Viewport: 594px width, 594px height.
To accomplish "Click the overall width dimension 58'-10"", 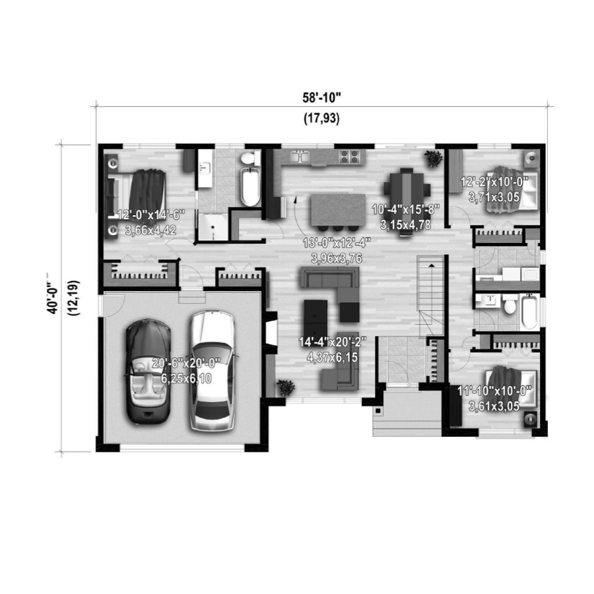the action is pos(321,98).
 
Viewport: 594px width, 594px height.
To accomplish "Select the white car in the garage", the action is pos(212,371).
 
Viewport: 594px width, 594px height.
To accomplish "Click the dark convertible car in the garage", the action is pos(148,371).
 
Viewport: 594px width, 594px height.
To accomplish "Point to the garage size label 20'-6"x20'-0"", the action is pos(185,363).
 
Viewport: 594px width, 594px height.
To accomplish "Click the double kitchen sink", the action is pos(300,156).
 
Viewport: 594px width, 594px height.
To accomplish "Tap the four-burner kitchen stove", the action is pos(349,156).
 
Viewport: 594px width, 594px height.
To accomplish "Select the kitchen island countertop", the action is pos(338,210).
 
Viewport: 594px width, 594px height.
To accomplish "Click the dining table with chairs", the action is pos(407,202).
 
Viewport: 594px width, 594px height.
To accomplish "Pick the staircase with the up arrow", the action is pos(430,296).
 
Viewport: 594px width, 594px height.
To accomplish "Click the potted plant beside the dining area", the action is pos(434,158).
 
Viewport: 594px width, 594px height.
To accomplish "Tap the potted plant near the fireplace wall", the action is pos(286,387).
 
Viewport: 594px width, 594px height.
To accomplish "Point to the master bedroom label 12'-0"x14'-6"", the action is pos(150,215).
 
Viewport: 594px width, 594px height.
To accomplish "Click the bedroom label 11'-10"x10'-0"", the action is pos(494,391).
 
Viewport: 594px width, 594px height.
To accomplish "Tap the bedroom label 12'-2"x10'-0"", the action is pos(494,182).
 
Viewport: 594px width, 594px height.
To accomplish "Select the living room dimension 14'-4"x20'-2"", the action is pos(333,342).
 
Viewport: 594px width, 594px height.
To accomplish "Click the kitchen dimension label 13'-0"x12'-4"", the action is pos(337,242).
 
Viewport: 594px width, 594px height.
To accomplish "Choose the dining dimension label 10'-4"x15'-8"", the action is pos(405,209).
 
